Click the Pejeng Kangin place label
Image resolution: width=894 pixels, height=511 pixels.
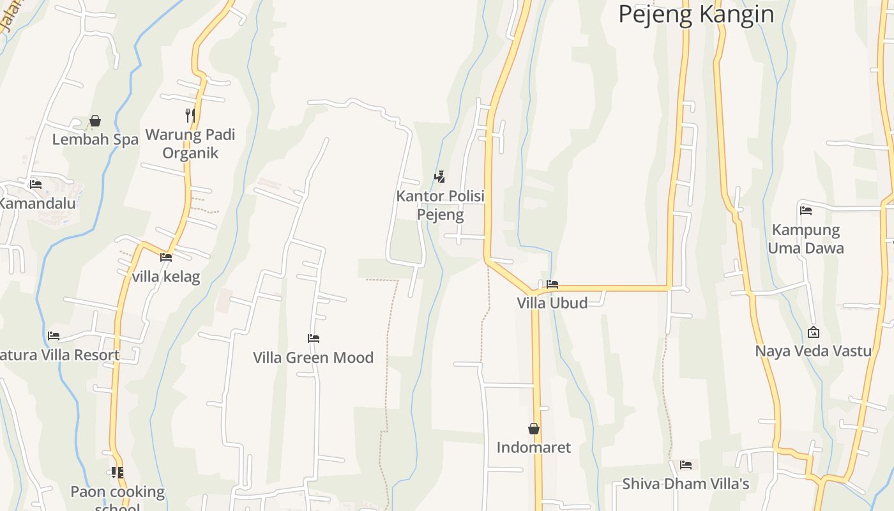[696, 14]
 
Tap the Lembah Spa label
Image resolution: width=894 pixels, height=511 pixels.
[95, 139]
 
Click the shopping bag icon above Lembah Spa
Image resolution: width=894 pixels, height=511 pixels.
[95, 121]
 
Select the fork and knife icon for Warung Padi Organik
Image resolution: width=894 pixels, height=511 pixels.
[190, 115]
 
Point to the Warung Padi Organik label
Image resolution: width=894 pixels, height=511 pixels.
[190, 144]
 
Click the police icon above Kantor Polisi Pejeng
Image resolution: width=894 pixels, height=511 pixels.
[439, 177]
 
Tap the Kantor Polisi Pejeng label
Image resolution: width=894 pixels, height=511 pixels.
[441, 204]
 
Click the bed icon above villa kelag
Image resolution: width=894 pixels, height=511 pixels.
[166, 257]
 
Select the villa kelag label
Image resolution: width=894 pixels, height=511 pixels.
[166, 277]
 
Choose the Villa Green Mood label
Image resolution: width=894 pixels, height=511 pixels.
[313, 358]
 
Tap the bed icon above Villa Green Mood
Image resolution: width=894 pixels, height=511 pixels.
[313, 339]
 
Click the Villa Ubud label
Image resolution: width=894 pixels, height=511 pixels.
[552, 303]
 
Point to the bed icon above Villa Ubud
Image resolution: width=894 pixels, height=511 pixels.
[552, 284]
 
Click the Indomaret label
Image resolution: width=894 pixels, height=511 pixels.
[534, 447]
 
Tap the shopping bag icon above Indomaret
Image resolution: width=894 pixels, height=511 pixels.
[534, 429]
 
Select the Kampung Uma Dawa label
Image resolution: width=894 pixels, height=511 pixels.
[806, 239]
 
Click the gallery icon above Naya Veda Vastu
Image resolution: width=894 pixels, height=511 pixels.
[814, 332]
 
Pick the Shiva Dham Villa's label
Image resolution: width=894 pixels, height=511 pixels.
[686, 484]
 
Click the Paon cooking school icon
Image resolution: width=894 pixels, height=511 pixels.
[117, 473]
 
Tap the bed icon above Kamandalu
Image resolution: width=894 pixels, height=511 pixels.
[36, 185]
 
